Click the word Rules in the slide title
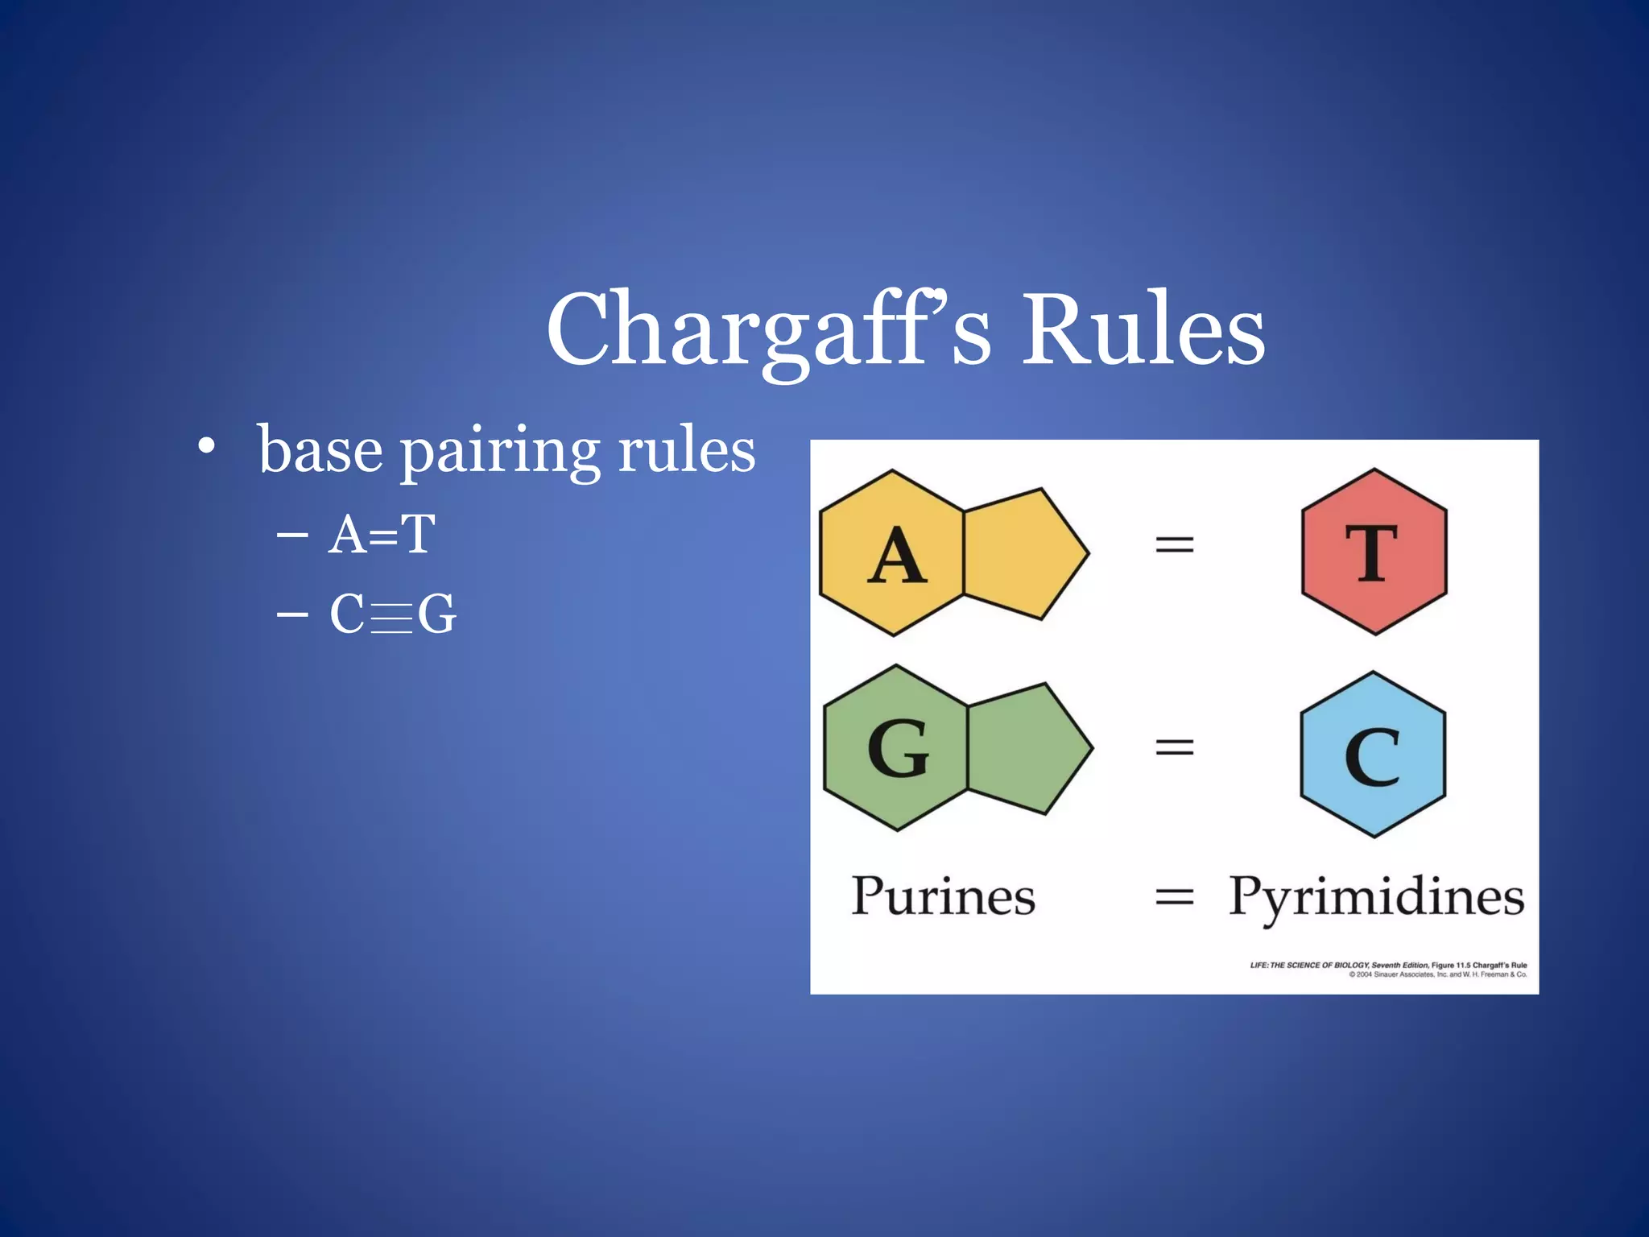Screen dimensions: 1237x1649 [x=1143, y=330]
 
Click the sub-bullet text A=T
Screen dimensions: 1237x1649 [x=382, y=534]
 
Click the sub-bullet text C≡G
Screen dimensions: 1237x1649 [x=393, y=614]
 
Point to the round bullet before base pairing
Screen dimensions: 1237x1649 [x=207, y=445]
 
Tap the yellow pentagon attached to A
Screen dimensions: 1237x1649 [x=1021, y=554]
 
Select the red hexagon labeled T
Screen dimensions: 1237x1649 [x=1374, y=552]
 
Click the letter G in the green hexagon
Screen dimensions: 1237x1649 [x=898, y=749]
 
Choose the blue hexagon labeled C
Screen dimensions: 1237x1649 [x=1373, y=755]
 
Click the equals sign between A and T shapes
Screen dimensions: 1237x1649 [x=1174, y=545]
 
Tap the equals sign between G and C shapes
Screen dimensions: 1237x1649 [x=1174, y=747]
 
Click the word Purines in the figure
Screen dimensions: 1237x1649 [x=942, y=896]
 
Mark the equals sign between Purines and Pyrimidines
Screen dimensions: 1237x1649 [x=1174, y=896]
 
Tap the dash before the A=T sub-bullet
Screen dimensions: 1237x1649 [x=291, y=534]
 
